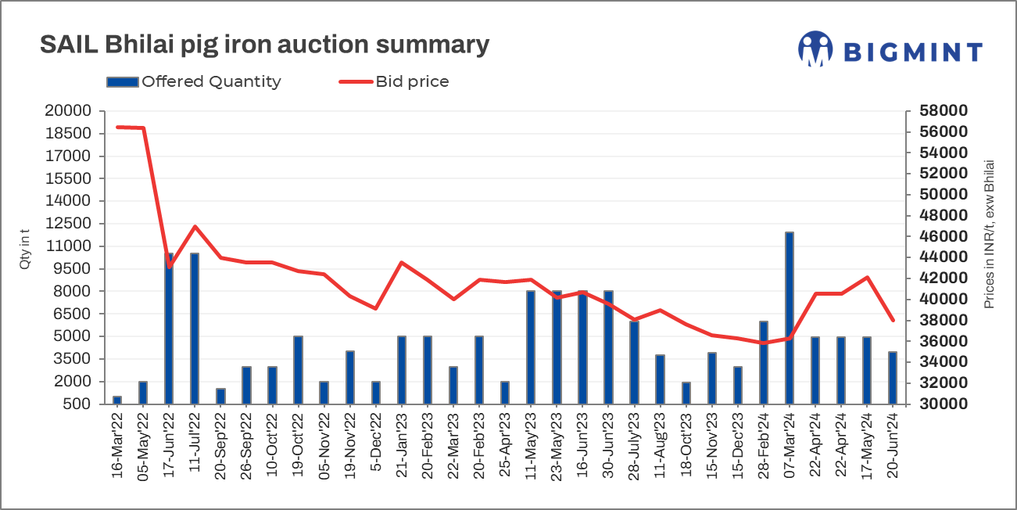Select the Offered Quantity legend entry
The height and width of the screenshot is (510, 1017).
point(193,81)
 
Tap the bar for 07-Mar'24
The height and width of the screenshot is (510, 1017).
point(790,318)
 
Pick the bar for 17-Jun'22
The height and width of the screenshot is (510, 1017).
point(169,329)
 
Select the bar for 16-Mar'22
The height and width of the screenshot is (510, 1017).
point(117,400)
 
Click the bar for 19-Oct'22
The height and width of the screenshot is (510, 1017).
point(298,370)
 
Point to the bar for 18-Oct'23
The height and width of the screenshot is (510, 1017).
point(686,393)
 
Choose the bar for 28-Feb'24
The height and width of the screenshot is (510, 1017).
point(764,363)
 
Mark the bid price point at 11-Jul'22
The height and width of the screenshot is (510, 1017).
point(195,227)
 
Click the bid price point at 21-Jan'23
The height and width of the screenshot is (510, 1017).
point(401,263)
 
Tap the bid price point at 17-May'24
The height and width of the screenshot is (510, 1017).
point(867,278)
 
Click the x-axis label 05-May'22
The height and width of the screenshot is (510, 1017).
point(143,448)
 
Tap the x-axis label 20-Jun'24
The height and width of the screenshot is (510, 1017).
point(893,448)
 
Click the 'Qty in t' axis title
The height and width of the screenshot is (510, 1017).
point(25,250)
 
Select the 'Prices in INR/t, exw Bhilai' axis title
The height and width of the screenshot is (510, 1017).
point(990,235)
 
